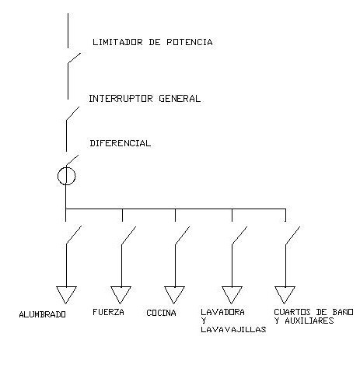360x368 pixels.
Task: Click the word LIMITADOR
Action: coord(117,42)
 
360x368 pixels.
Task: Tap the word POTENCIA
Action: coord(190,42)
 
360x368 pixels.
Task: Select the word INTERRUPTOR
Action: coord(121,99)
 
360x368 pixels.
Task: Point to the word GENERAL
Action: coord(180,99)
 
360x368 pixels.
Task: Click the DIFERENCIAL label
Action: coord(121,143)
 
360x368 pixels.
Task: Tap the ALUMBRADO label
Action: coord(43,314)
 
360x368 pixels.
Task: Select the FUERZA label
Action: coord(108,312)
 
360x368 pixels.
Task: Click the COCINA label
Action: coord(161,313)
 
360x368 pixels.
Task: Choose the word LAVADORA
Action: coord(222,312)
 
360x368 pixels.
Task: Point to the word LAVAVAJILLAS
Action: coord(233,329)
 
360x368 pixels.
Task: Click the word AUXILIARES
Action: coord(309,321)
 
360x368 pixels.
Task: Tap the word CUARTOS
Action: coord(292,312)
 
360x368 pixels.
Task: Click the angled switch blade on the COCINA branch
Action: coord(183,236)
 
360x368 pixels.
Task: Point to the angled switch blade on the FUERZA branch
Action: coord(129,236)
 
